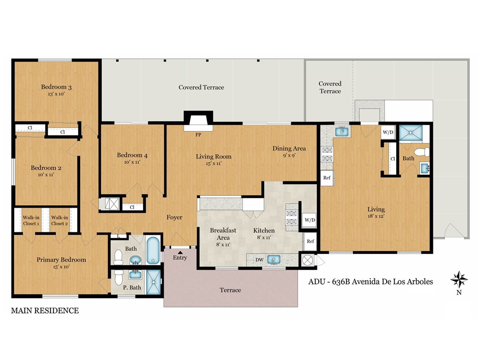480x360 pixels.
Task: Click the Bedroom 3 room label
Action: pyautogui.click(x=56, y=87)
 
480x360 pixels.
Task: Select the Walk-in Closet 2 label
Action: pyautogui.click(x=60, y=220)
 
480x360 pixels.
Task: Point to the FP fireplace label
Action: pyautogui.click(x=198, y=135)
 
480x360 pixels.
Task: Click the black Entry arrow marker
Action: pyautogui.click(x=180, y=252)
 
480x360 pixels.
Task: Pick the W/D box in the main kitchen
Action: pyautogui.click(x=309, y=219)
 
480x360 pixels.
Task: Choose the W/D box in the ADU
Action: pyautogui.click(x=388, y=132)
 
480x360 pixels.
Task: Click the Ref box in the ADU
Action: pyautogui.click(x=327, y=178)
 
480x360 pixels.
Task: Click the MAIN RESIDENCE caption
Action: pyautogui.click(x=45, y=310)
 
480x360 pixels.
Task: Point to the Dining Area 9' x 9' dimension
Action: pyautogui.click(x=289, y=156)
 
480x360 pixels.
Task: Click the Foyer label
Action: pyautogui.click(x=174, y=217)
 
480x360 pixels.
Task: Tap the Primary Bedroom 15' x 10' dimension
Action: pyautogui.click(x=61, y=267)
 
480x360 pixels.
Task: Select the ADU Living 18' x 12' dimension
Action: pyautogui.click(x=376, y=217)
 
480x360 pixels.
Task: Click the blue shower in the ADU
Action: pyautogui.click(x=410, y=133)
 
